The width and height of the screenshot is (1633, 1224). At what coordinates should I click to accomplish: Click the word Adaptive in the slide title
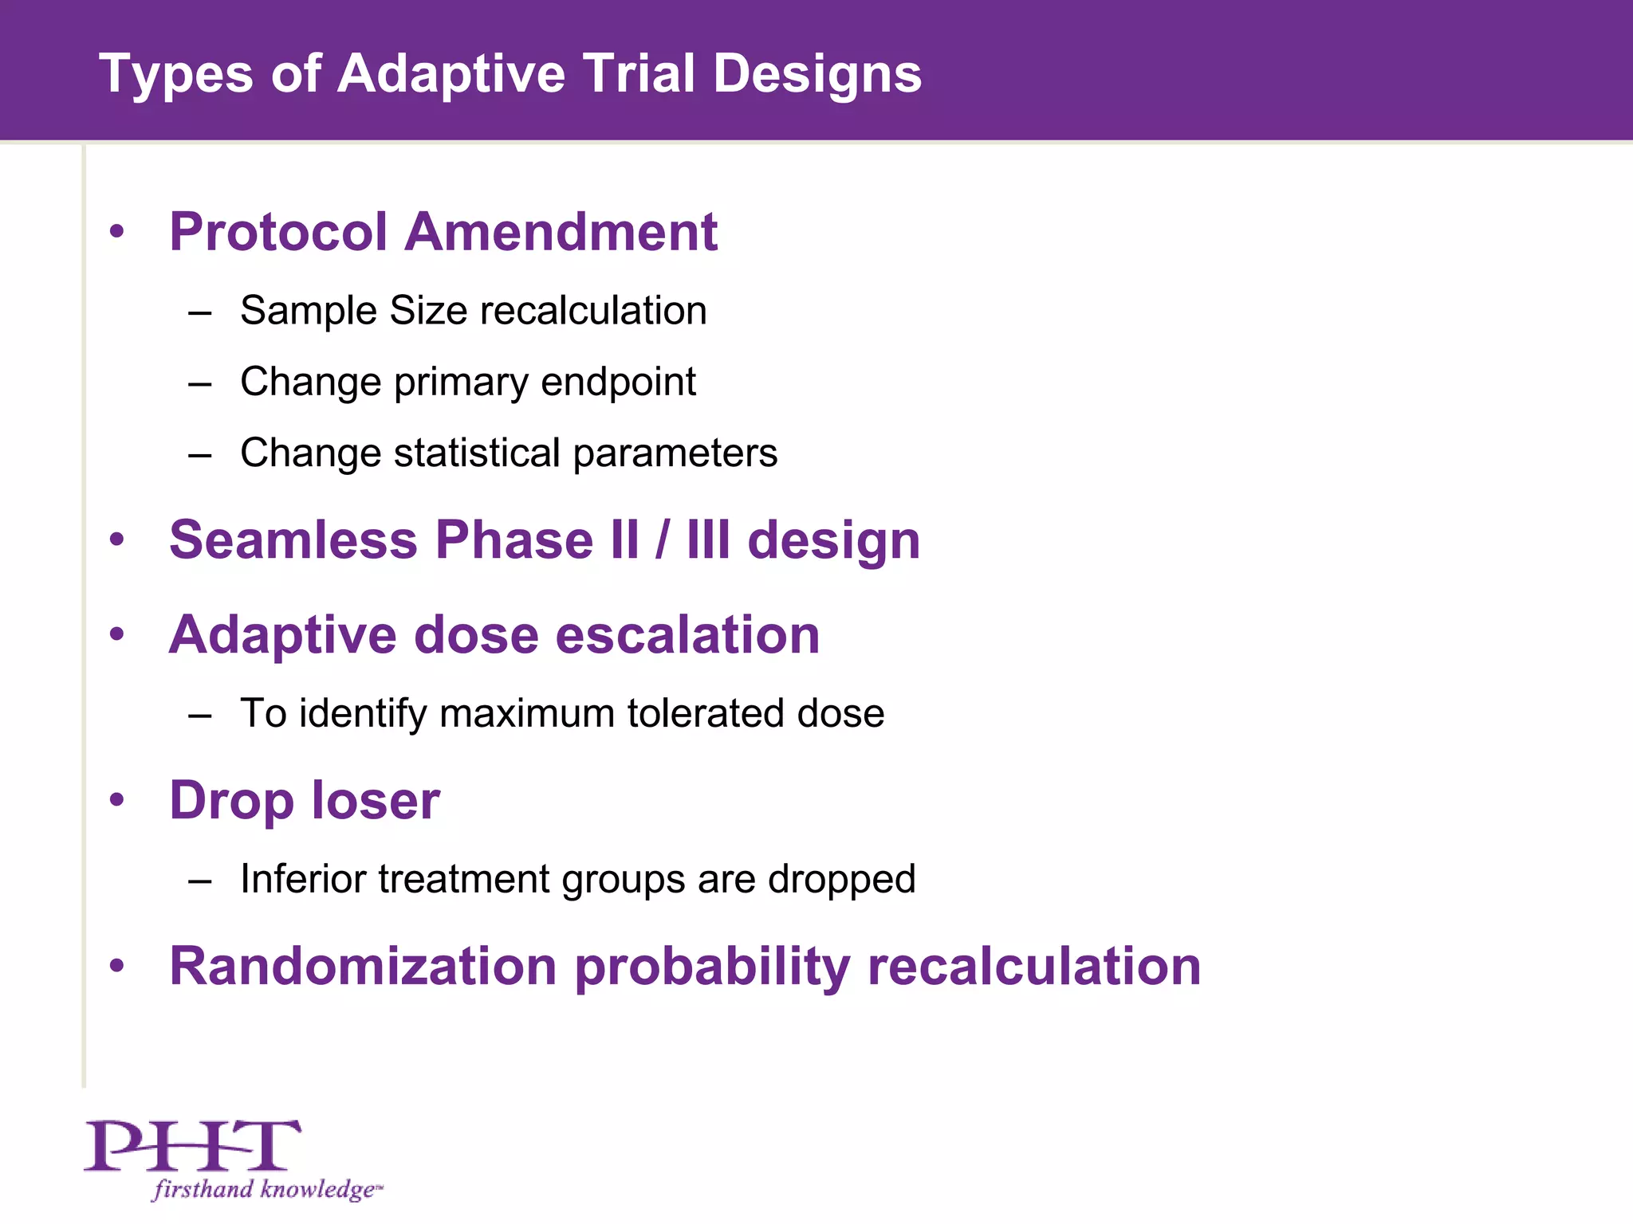point(451,75)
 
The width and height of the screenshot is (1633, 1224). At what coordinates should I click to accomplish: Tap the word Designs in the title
point(816,75)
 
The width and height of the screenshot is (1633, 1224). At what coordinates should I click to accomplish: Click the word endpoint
point(618,382)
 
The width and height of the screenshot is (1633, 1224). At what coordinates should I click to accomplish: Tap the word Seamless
point(293,540)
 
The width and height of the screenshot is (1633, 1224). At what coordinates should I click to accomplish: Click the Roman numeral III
point(707,540)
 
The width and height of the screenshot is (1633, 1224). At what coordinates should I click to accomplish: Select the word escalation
point(687,636)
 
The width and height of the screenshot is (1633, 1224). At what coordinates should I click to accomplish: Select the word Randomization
point(363,967)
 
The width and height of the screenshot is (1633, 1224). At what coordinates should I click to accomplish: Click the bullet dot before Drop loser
point(117,799)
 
